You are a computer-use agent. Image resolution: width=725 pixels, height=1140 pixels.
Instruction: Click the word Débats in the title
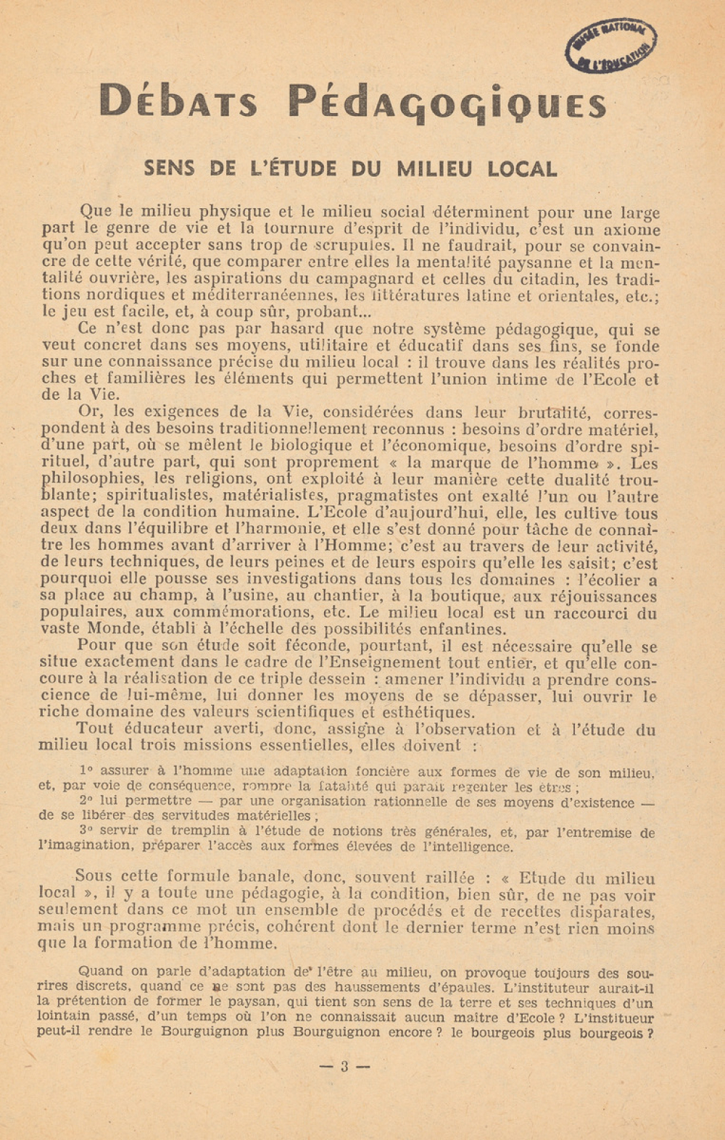pyautogui.click(x=178, y=102)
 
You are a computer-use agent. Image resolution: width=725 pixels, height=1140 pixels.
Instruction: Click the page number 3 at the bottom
pyautogui.click(x=344, y=1066)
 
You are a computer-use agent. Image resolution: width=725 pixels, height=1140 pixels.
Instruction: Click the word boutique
pyautogui.click(x=468, y=596)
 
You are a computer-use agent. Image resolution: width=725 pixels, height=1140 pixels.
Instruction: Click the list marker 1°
pyautogui.click(x=86, y=771)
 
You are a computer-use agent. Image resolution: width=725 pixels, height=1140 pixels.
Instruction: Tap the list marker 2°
pyautogui.click(x=86, y=801)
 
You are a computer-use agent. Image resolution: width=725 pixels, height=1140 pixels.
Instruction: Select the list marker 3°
pyautogui.click(x=86, y=831)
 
